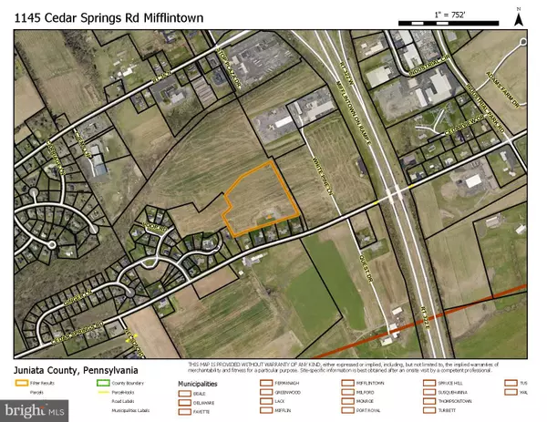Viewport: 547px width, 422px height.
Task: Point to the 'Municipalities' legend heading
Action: [197, 384]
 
